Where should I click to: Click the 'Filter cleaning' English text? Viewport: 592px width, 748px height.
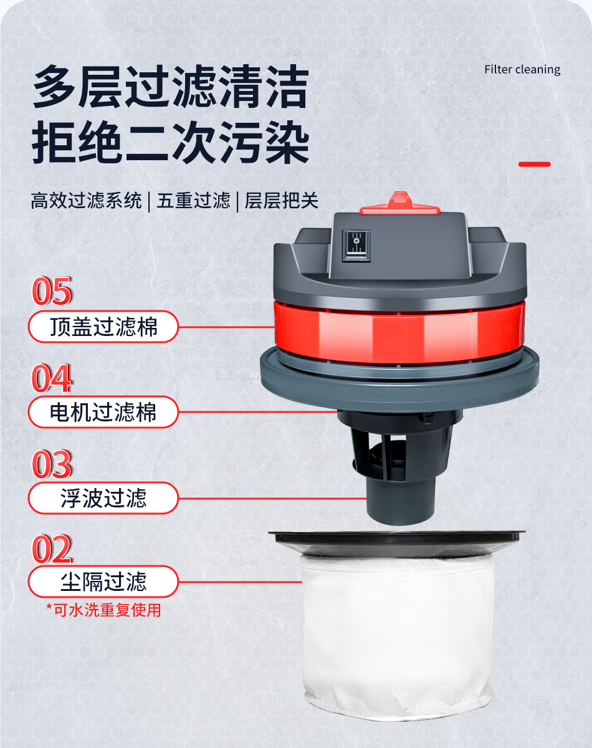(x=522, y=70)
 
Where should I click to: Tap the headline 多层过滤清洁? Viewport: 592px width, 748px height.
(x=171, y=87)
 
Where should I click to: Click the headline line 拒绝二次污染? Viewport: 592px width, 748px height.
(x=171, y=142)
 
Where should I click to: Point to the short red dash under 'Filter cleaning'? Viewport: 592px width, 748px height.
(x=535, y=164)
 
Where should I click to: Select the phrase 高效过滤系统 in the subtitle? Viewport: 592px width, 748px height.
(x=86, y=201)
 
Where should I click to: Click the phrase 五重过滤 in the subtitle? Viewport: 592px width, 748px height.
(x=193, y=201)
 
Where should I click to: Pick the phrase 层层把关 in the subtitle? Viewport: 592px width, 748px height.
(x=282, y=201)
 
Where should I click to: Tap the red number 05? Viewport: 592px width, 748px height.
(x=52, y=291)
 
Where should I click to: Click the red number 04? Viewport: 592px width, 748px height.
(x=52, y=378)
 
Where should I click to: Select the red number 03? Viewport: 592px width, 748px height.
(x=52, y=464)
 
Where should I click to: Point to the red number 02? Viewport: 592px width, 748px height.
(x=52, y=549)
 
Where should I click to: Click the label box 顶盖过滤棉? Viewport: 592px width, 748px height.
(x=103, y=327)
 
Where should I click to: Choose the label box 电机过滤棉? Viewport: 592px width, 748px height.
(x=103, y=412)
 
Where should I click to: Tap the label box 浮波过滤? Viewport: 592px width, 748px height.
(x=103, y=498)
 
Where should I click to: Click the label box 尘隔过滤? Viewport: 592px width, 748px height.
(x=103, y=582)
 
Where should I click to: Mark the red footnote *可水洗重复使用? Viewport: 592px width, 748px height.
(x=103, y=610)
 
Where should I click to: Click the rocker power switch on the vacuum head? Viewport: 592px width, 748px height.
(x=356, y=246)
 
